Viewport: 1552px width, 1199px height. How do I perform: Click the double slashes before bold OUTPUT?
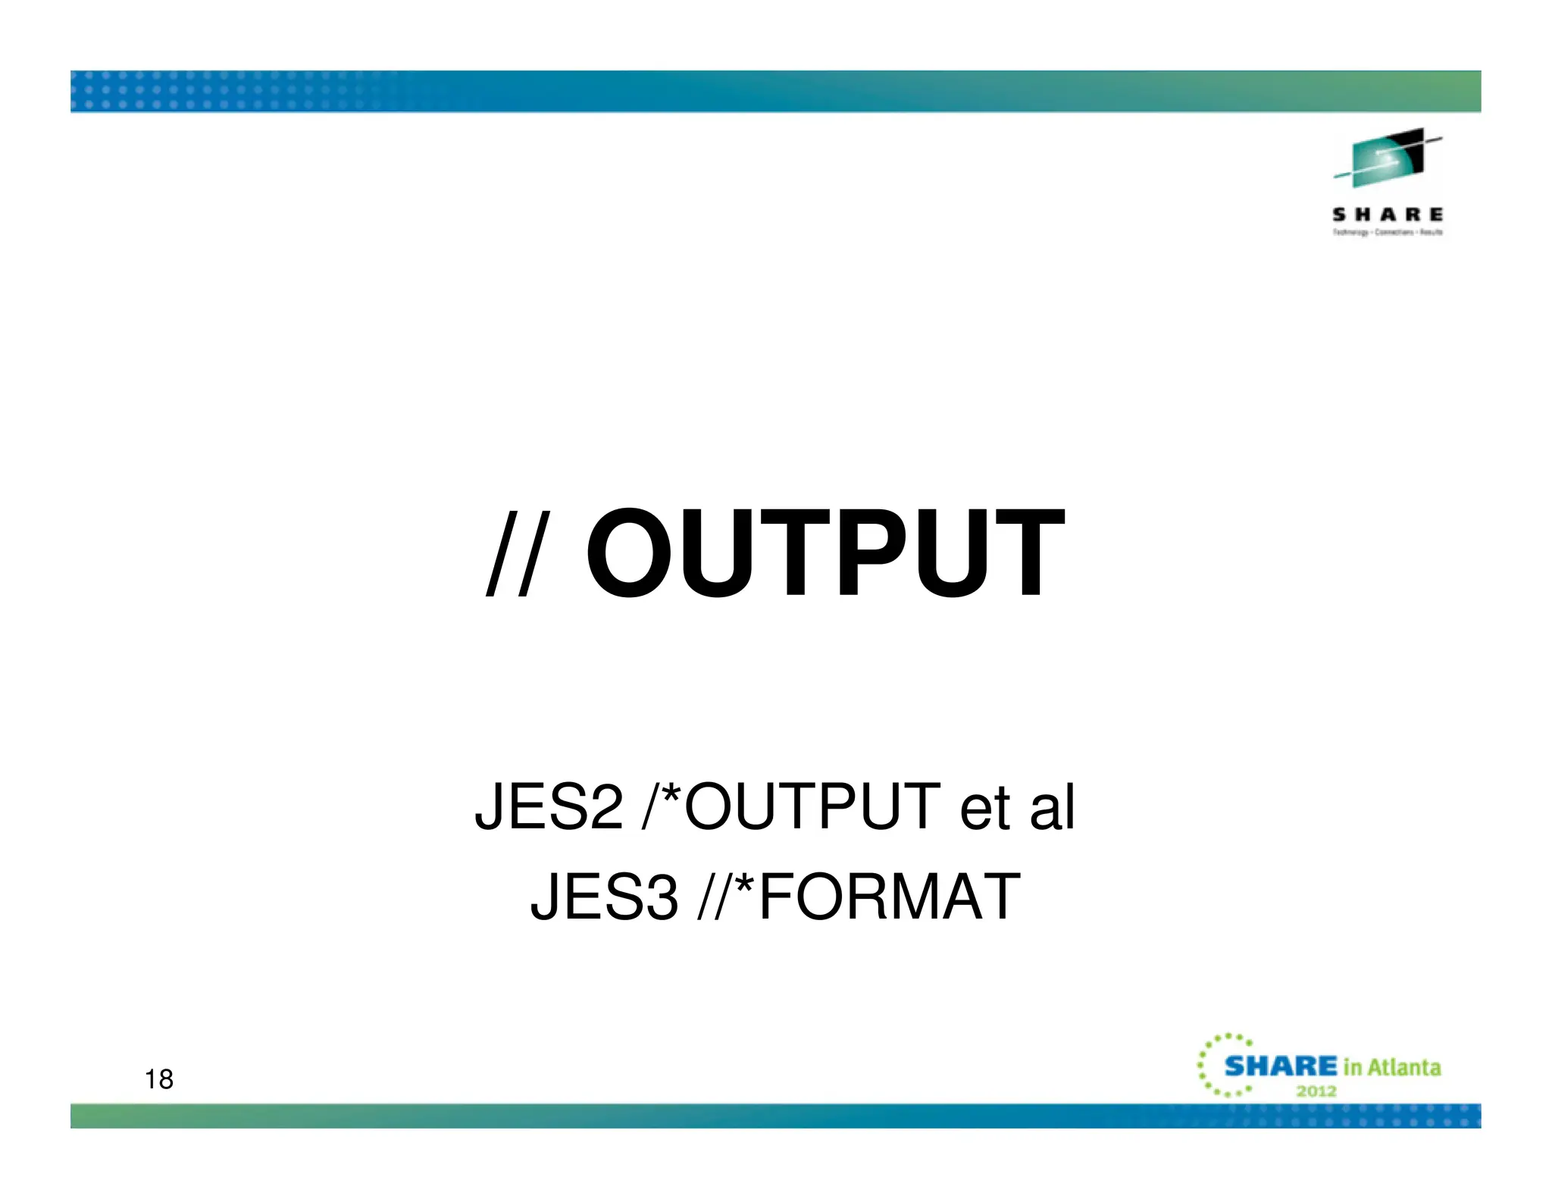tap(518, 554)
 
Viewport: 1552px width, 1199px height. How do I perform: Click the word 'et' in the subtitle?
tap(984, 808)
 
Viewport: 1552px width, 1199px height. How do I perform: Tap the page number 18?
tap(159, 1079)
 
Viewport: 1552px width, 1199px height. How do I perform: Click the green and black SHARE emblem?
tap(1387, 158)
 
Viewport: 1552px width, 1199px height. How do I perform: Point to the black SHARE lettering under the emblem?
tap(1387, 215)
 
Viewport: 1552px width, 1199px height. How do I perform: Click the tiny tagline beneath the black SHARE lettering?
tap(1387, 233)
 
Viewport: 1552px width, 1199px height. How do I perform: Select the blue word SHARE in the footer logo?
tap(1281, 1066)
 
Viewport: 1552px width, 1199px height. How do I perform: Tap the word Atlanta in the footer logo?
tap(1404, 1068)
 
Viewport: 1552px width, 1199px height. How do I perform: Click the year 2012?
tap(1316, 1091)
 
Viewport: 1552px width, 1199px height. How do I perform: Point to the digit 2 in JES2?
tap(605, 807)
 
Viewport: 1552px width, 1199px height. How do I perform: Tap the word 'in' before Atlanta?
tap(1353, 1068)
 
